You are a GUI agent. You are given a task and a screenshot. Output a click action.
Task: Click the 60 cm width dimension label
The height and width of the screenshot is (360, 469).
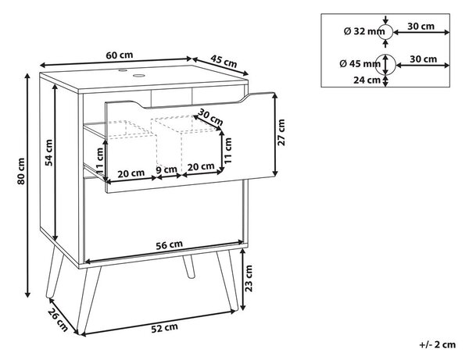[x=120, y=55]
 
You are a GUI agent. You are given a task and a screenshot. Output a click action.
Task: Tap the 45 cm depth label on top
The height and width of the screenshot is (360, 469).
[x=224, y=61]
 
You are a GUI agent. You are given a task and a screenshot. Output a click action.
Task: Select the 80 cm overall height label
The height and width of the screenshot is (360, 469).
[x=21, y=171]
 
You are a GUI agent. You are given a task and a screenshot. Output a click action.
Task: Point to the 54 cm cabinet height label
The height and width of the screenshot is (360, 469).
[x=48, y=152]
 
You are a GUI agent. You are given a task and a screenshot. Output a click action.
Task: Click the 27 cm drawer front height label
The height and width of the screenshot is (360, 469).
[x=281, y=132]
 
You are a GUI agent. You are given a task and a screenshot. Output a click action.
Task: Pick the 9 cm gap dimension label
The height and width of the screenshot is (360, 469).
[x=166, y=169]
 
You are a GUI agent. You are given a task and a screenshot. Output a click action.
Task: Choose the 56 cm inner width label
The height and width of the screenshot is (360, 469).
[x=170, y=245]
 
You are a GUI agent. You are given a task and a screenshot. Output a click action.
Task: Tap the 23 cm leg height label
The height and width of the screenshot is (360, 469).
[x=249, y=278]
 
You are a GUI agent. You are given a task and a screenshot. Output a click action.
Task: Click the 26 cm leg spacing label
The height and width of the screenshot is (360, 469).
[x=58, y=319]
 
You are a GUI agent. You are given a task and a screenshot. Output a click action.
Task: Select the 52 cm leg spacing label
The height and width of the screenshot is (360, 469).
[x=164, y=328]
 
